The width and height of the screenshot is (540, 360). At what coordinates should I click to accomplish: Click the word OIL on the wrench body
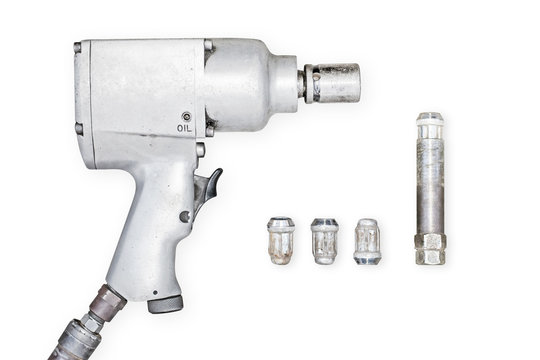(x=184, y=128)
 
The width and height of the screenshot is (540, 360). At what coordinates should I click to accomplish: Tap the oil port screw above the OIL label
(x=186, y=116)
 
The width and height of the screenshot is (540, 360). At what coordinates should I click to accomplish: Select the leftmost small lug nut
(x=281, y=241)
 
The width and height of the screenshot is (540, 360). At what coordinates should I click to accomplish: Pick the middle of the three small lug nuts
(x=324, y=241)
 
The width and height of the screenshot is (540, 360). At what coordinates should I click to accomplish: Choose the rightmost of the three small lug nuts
(x=367, y=241)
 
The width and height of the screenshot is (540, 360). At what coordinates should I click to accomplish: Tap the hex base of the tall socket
(x=429, y=250)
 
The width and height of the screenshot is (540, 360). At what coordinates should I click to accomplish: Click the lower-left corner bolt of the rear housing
(x=79, y=128)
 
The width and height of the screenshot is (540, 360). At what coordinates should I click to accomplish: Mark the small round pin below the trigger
(x=185, y=216)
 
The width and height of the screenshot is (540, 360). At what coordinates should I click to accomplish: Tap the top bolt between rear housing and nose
(x=209, y=46)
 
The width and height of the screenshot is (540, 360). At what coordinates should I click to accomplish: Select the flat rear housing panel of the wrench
(x=135, y=95)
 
